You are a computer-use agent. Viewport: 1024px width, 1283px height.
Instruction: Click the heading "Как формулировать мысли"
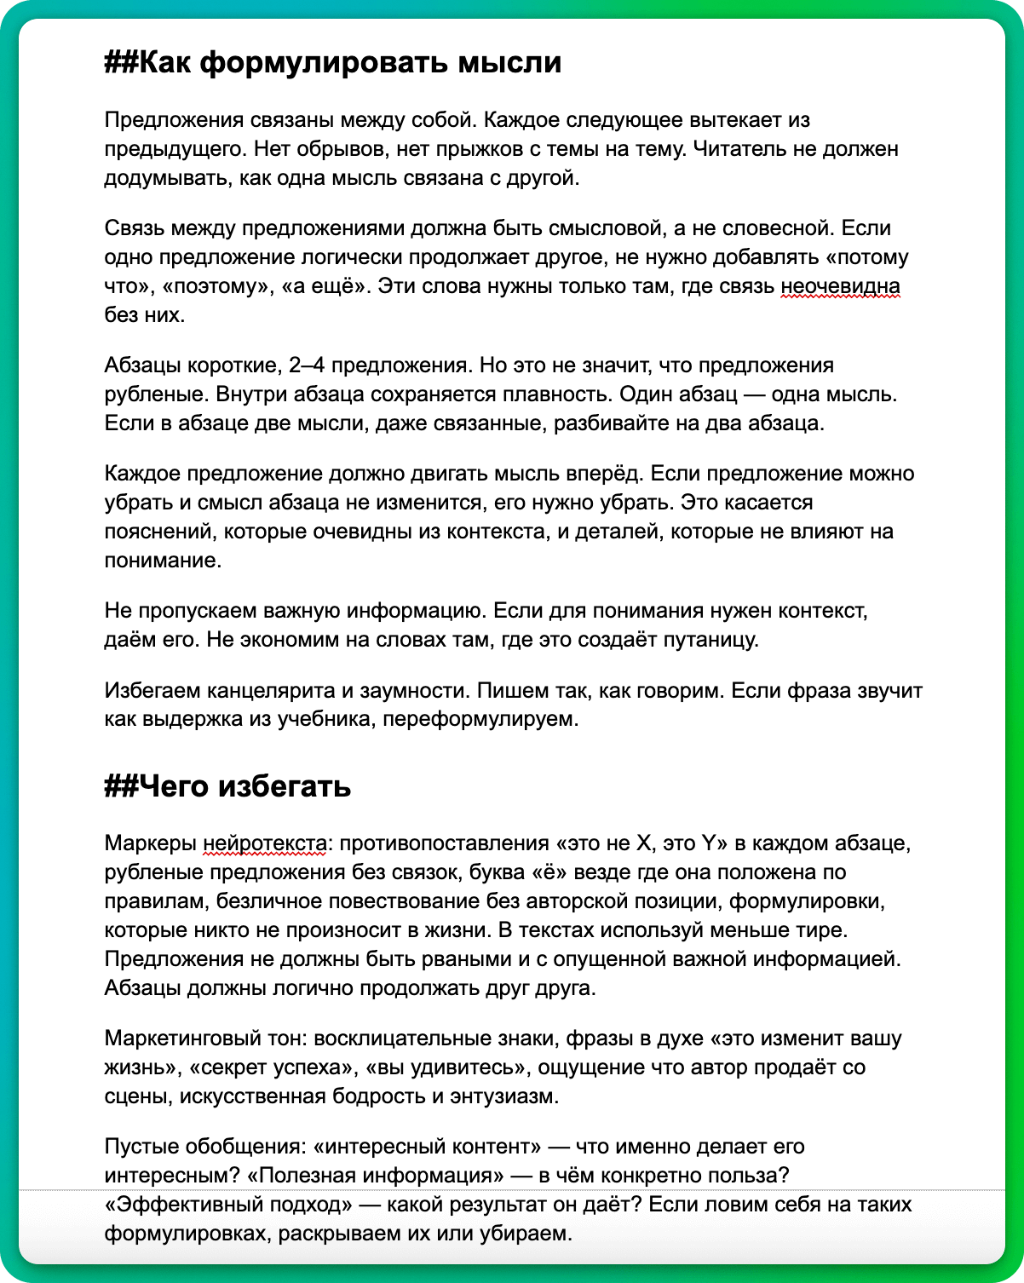tap(349, 62)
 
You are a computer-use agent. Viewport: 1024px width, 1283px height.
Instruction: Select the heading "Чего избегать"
tap(244, 785)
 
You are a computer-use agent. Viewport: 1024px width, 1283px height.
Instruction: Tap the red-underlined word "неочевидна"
tap(841, 286)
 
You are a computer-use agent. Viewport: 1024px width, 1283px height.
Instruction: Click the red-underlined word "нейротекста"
tap(265, 843)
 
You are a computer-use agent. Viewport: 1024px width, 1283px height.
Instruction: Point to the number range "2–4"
tap(307, 365)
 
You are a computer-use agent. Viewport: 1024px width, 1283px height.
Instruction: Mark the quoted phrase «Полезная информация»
tap(375, 1176)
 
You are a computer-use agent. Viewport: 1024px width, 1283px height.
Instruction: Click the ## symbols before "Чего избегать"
tap(121, 785)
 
